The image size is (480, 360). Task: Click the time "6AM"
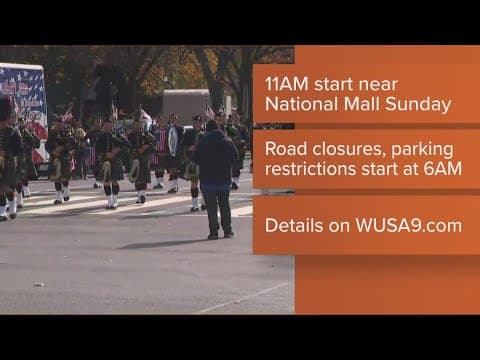coord(440,169)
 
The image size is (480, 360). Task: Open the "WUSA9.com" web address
coord(409,225)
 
